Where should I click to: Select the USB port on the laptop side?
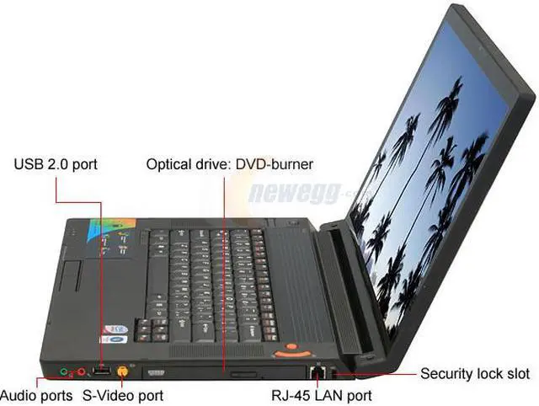click(x=101, y=369)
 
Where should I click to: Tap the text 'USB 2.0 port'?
click(x=56, y=163)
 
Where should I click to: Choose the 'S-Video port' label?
click(x=122, y=394)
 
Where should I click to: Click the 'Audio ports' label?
click(x=35, y=394)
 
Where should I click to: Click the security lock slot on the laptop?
click(x=334, y=370)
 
